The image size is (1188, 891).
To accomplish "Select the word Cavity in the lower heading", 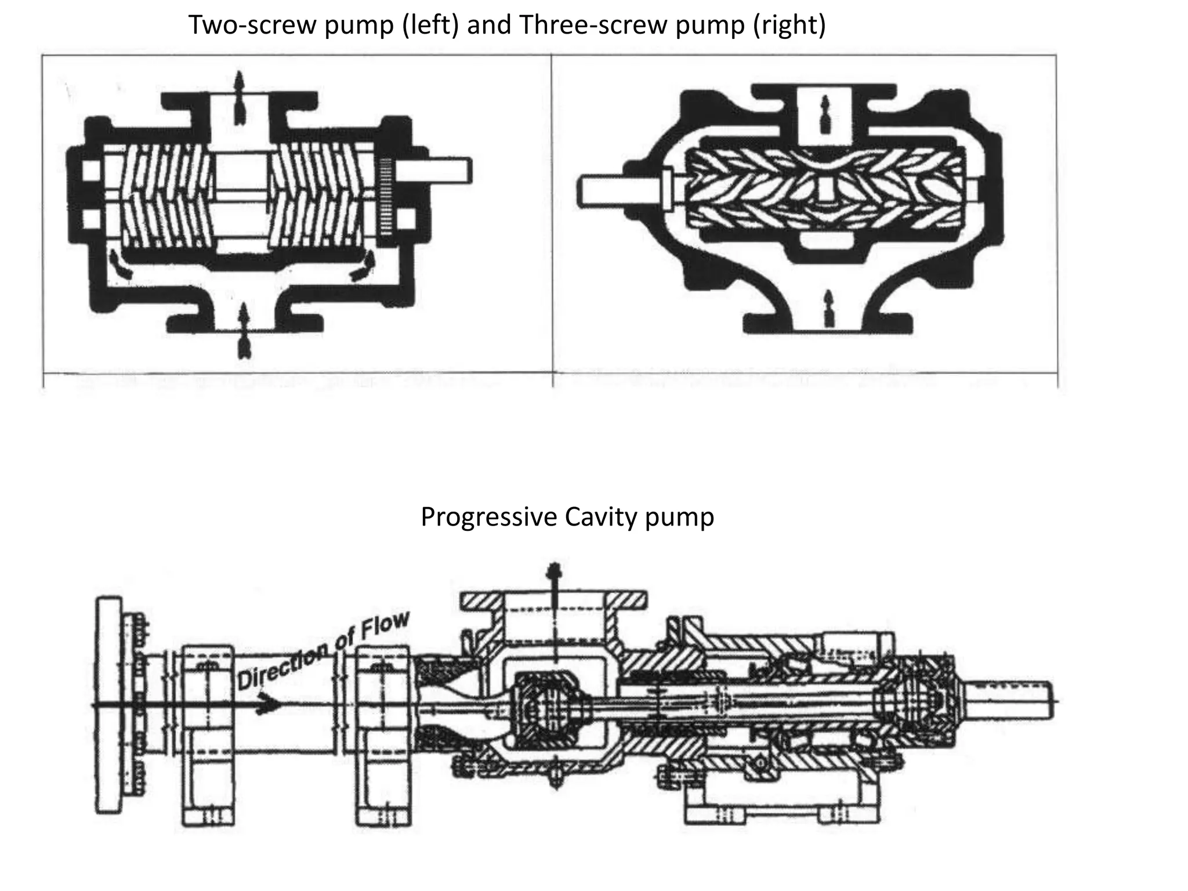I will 601,517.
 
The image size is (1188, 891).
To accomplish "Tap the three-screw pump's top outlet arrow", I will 825,113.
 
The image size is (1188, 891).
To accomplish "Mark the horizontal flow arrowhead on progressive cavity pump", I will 268,704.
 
